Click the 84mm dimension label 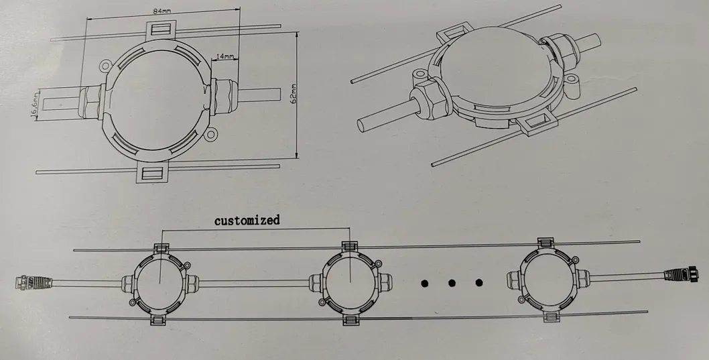(162, 11)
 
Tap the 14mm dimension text (225, 56)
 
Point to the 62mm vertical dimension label (293, 94)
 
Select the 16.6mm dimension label (35, 105)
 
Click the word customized (247, 221)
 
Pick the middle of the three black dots (452, 283)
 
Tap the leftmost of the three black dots (424, 284)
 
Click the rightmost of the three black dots (479, 283)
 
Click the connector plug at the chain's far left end (34, 282)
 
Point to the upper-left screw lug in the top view (105, 66)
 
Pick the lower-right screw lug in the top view (209, 134)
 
